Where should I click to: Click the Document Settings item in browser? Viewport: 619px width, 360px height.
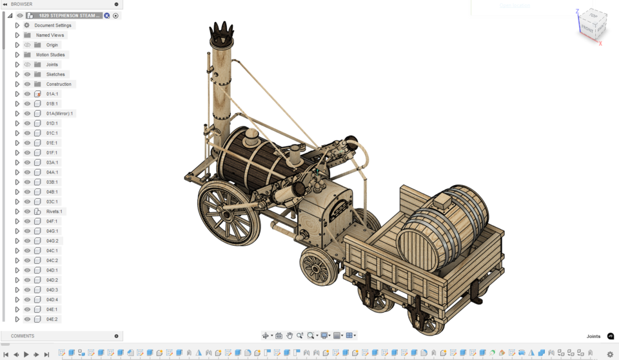[53, 25]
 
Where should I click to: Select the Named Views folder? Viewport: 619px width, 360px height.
[50, 35]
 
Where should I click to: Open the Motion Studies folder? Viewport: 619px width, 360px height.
[50, 55]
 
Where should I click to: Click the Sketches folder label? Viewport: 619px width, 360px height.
[55, 74]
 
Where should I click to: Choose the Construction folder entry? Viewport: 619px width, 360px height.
[59, 84]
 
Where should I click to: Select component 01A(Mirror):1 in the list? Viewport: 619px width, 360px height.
[59, 114]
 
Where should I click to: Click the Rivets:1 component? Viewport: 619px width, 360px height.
[54, 212]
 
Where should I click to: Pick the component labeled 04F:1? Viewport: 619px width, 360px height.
[52, 221]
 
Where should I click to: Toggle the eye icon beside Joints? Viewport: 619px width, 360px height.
[27, 65]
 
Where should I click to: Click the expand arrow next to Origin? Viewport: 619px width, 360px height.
[17, 45]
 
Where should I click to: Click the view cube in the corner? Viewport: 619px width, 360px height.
[592, 26]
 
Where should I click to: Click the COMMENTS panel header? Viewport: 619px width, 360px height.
[23, 336]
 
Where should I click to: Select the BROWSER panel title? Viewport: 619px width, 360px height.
[22, 5]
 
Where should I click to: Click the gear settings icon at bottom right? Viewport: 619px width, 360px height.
[610, 354]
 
